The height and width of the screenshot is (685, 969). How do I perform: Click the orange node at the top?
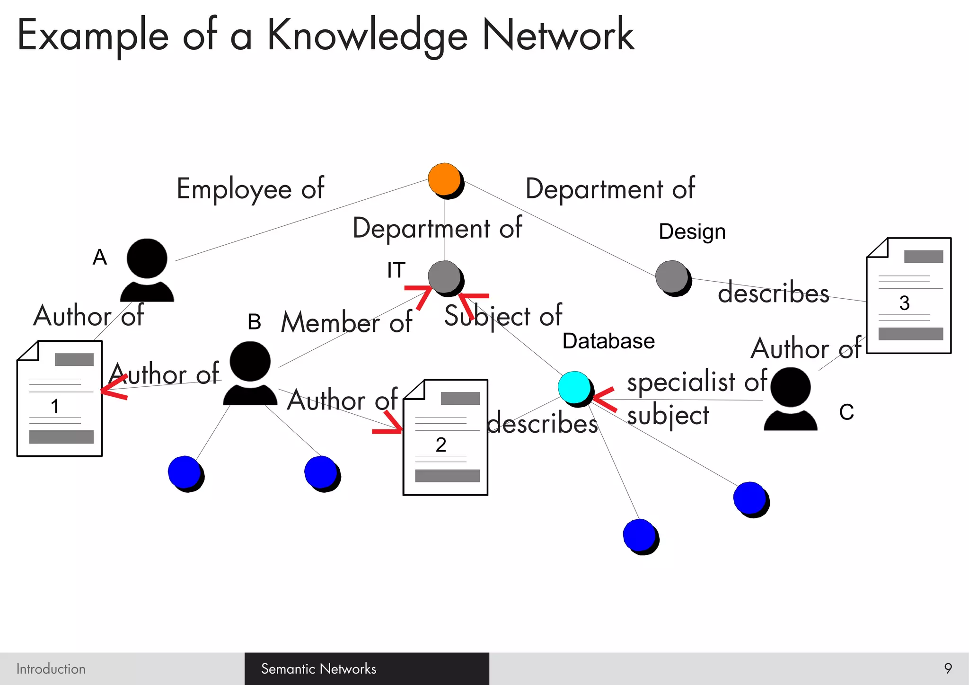coord(445,180)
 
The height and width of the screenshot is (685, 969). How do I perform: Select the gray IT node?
coord(445,277)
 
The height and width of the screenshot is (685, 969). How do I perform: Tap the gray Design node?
coord(672,277)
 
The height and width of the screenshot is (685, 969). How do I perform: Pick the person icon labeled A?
coord(147,270)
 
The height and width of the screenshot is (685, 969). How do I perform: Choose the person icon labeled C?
coord(790,399)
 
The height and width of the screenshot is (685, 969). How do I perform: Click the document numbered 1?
coord(60,399)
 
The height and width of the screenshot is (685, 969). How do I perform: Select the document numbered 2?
coord(445,437)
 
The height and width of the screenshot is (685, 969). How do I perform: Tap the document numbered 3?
coord(908,295)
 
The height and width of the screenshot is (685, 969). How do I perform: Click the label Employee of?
coord(250,189)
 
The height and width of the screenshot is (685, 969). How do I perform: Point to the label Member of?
coord(346,322)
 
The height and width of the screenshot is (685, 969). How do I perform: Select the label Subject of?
coord(503,316)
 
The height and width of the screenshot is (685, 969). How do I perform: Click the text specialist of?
coord(696,381)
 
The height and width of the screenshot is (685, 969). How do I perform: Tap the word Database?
coord(608,341)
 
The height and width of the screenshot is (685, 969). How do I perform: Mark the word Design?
coord(692,232)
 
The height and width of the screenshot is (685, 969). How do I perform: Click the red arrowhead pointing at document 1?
coord(113,388)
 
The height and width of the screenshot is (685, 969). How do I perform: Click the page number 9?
coord(948,668)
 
